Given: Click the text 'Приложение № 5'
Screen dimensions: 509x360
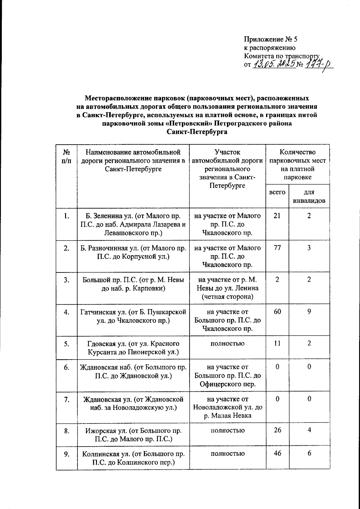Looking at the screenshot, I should tap(270, 39).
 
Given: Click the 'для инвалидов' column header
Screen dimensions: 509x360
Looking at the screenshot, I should tap(309, 197).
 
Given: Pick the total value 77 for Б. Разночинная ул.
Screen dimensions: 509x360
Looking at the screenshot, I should tap(277, 248).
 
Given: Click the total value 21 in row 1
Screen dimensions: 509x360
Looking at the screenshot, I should tap(277, 216).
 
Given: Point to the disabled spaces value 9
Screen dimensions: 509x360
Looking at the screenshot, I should tap(309, 312).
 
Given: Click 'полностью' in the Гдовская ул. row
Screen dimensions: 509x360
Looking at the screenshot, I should tap(227, 344).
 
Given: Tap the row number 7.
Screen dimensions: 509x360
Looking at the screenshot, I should tap(67, 399).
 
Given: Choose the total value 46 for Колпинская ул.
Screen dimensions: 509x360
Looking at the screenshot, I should tap(277, 453).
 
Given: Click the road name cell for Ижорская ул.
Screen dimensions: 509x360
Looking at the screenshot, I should tap(133, 435).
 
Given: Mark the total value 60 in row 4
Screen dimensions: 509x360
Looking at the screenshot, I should tap(277, 312).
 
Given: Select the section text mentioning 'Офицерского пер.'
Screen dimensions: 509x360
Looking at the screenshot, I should tap(227, 375).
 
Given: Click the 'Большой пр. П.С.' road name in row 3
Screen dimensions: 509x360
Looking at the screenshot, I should tap(133, 284).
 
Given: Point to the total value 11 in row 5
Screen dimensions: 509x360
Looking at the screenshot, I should tap(277, 344).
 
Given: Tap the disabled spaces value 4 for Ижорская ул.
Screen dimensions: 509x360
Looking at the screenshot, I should tap(309, 430).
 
